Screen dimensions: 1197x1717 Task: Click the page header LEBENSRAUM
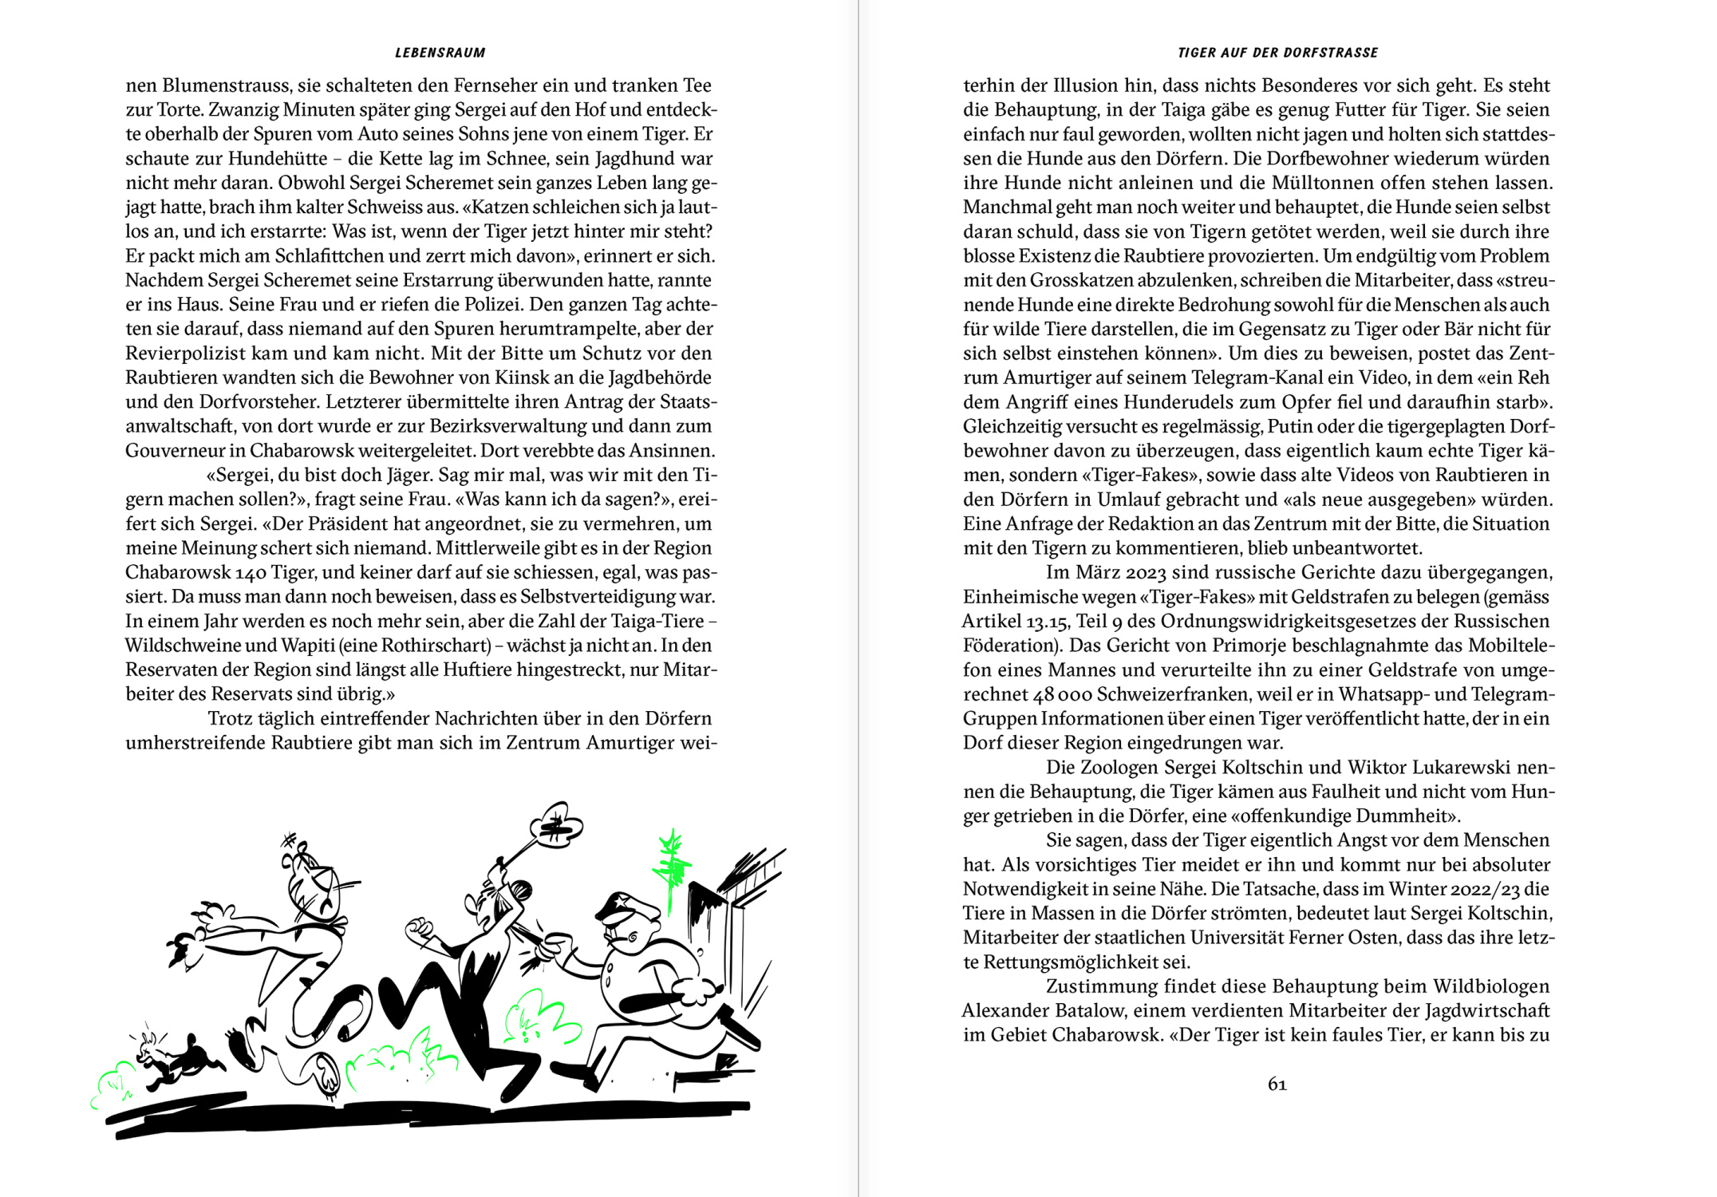point(440,53)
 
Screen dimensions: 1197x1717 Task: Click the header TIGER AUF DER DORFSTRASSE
point(1277,53)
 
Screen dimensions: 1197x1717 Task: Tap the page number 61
point(1277,1084)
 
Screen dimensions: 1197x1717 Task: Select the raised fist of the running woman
point(418,930)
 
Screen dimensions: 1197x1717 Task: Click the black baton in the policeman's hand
point(654,1001)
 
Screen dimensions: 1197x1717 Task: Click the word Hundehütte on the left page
point(278,159)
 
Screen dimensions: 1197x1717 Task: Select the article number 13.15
point(1047,622)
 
